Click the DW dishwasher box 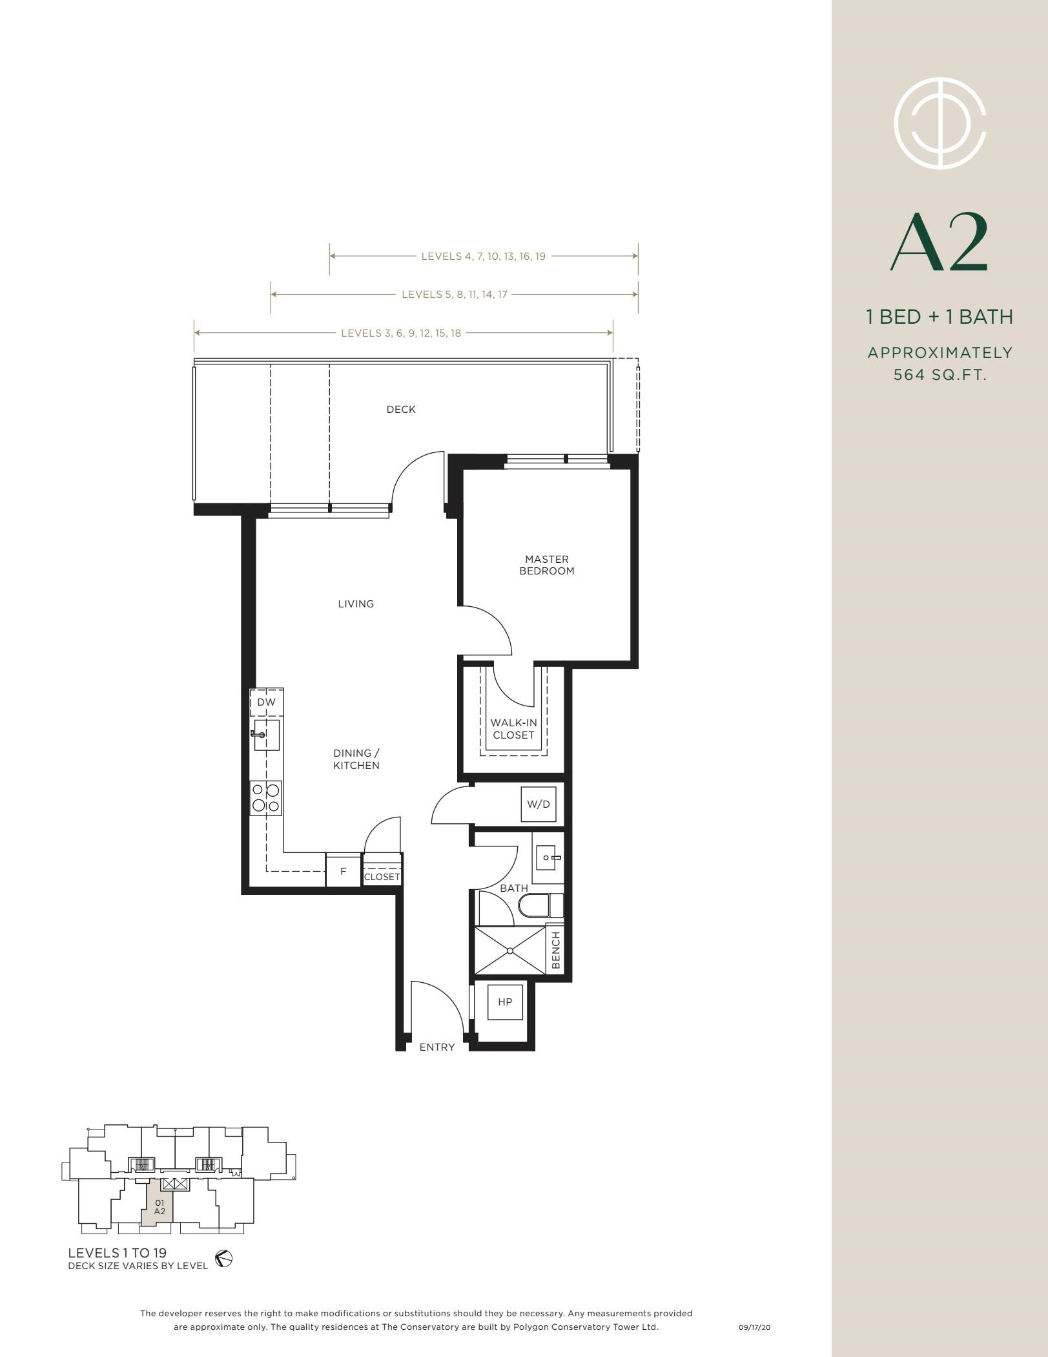click(x=267, y=702)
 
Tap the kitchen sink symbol click(x=266, y=735)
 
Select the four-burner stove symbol click(x=266, y=797)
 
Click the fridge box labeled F click(x=343, y=871)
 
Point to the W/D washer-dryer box click(x=539, y=805)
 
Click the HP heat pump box click(x=505, y=1002)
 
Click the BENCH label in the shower click(x=555, y=951)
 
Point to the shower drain click(x=510, y=951)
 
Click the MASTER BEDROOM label click(x=547, y=565)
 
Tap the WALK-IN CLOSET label click(x=513, y=729)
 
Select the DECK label click(x=401, y=409)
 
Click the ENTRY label click(x=437, y=1047)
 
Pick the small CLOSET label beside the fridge click(x=382, y=877)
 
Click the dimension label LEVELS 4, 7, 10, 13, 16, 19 click(x=484, y=256)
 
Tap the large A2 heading click(x=940, y=243)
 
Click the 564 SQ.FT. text click(x=940, y=375)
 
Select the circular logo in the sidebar click(x=940, y=123)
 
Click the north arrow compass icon click(x=223, y=1259)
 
